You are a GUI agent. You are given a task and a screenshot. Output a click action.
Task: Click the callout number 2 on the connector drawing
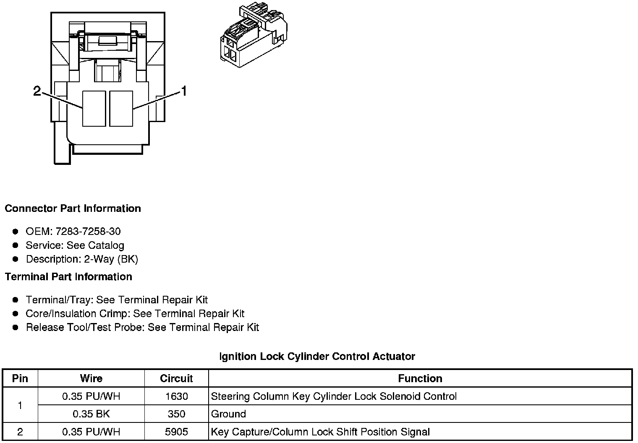click(x=37, y=91)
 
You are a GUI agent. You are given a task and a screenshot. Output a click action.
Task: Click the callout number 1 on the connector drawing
click(x=183, y=91)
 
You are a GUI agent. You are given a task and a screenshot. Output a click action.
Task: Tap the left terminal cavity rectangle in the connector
click(x=94, y=108)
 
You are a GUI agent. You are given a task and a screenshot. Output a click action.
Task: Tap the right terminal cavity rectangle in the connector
click(x=121, y=108)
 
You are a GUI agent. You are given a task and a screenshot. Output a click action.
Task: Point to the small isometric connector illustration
click(x=254, y=36)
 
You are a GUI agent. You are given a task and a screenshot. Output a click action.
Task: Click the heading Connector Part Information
click(x=73, y=208)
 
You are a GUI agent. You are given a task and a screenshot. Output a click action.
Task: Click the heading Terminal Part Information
click(x=68, y=277)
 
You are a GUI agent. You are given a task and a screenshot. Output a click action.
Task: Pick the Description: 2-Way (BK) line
click(x=82, y=259)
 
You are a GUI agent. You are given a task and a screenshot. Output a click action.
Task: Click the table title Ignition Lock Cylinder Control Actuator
click(x=317, y=357)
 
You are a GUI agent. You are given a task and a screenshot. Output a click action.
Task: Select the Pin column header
click(x=20, y=378)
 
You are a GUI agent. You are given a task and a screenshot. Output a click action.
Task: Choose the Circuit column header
click(x=176, y=378)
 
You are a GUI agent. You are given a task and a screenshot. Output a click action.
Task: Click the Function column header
click(x=420, y=378)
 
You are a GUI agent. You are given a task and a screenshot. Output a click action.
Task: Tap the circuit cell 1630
click(x=176, y=396)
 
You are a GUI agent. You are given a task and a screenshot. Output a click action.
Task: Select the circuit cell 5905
click(x=176, y=432)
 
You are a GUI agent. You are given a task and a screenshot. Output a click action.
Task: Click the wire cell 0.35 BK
click(x=91, y=414)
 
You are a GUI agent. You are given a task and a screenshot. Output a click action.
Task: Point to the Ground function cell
click(x=229, y=414)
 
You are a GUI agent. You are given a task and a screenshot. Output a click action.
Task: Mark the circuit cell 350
click(x=176, y=414)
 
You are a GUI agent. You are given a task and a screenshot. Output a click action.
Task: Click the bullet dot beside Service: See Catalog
click(x=16, y=245)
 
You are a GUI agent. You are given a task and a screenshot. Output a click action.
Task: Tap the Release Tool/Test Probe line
click(x=142, y=327)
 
